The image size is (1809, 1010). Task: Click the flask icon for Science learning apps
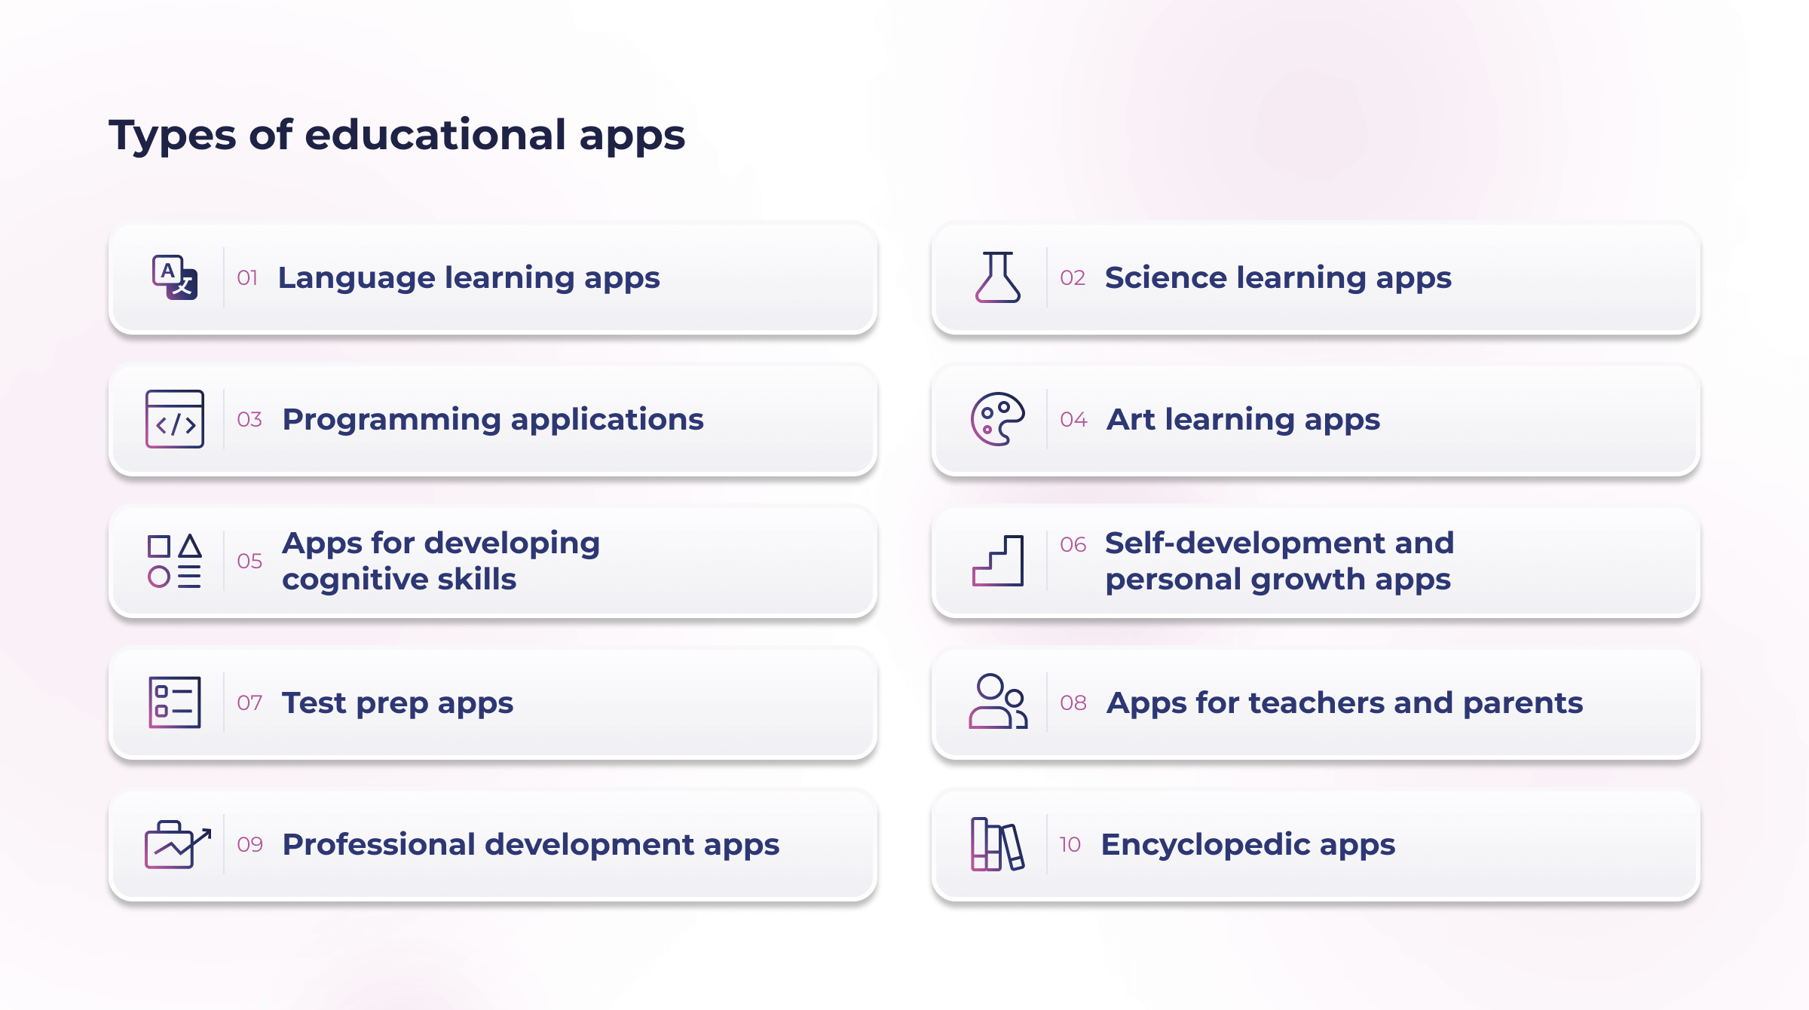(x=998, y=277)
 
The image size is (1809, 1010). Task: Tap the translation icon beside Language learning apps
(x=175, y=277)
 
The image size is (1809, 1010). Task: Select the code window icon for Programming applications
(x=175, y=419)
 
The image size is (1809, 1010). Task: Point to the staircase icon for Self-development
(x=998, y=561)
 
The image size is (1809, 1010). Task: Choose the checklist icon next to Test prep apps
(x=175, y=702)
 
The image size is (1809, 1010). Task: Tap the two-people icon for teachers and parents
(x=998, y=701)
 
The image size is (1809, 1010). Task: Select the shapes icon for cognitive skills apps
(x=175, y=561)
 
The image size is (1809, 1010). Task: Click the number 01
(x=247, y=278)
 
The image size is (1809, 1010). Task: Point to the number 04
(x=1073, y=420)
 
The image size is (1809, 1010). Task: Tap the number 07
(x=249, y=703)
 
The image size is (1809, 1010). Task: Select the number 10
(x=1070, y=845)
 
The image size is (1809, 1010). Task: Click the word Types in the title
(x=173, y=136)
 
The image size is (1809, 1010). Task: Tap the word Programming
(x=391, y=421)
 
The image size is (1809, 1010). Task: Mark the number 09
(x=249, y=845)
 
